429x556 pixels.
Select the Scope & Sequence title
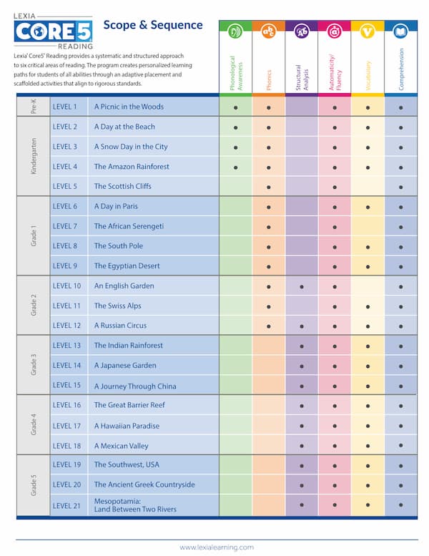click(153, 25)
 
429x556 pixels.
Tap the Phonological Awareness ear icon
click(235, 31)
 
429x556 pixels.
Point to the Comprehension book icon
click(401, 31)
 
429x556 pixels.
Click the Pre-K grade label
click(33, 106)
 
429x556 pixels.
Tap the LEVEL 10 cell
click(67, 286)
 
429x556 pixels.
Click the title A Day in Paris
click(116, 206)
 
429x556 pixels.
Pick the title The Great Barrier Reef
click(129, 405)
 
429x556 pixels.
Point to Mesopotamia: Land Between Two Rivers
click(135, 505)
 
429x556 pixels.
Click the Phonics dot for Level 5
click(269, 187)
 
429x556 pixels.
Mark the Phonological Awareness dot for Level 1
click(235, 107)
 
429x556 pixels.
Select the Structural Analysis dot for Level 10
click(302, 286)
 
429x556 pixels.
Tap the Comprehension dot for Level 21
click(401, 505)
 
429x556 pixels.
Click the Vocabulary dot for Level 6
click(368, 207)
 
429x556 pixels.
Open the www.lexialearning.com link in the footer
click(217, 547)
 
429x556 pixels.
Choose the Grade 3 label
click(33, 365)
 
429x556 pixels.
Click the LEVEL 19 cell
click(67, 464)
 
